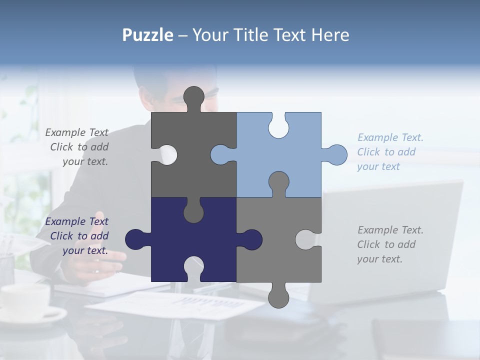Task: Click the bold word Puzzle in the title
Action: [x=148, y=35]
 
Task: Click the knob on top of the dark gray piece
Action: [x=193, y=96]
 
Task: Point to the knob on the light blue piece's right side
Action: [x=336, y=154]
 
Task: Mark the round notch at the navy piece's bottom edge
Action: [x=193, y=267]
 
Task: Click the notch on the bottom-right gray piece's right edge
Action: [x=306, y=239]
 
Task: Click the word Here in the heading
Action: [x=330, y=35]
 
